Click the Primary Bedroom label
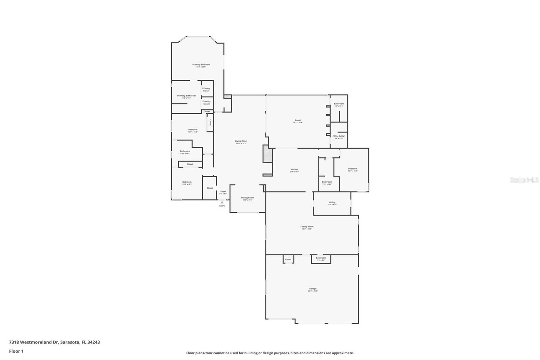(201, 65)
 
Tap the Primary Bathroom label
(186, 96)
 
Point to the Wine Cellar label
(339, 136)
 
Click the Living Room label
(241, 141)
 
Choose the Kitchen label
(294, 170)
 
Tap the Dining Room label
(247, 198)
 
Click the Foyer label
(223, 191)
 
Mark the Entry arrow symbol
(222, 202)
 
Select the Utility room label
(332, 202)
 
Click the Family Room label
(307, 227)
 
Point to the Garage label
(313, 289)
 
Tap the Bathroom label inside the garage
(321, 258)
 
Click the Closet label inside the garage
(288, 260)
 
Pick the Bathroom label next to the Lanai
(339, 104)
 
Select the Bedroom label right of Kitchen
(353, 169)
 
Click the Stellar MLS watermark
(524, 180)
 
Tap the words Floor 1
(16, 351)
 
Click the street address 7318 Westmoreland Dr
(34, 342)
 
